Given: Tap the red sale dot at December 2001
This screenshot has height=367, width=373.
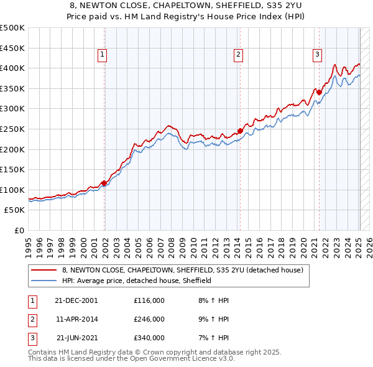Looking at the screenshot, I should pyautogui.click(x=104, y=183).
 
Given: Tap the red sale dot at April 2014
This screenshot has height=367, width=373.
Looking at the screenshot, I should pyautogui.click(x=239, y=131).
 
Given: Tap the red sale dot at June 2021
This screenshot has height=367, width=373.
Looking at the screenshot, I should pyautogui.click(x=319, y=93).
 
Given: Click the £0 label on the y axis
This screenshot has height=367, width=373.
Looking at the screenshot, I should pyautogui.click(x=19, y=230).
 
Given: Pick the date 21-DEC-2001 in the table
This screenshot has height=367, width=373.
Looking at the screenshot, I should pyautogui.click(x=76, y=300).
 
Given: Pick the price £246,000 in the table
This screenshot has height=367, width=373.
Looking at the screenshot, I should pyautogui.click(x=149, y=319).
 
